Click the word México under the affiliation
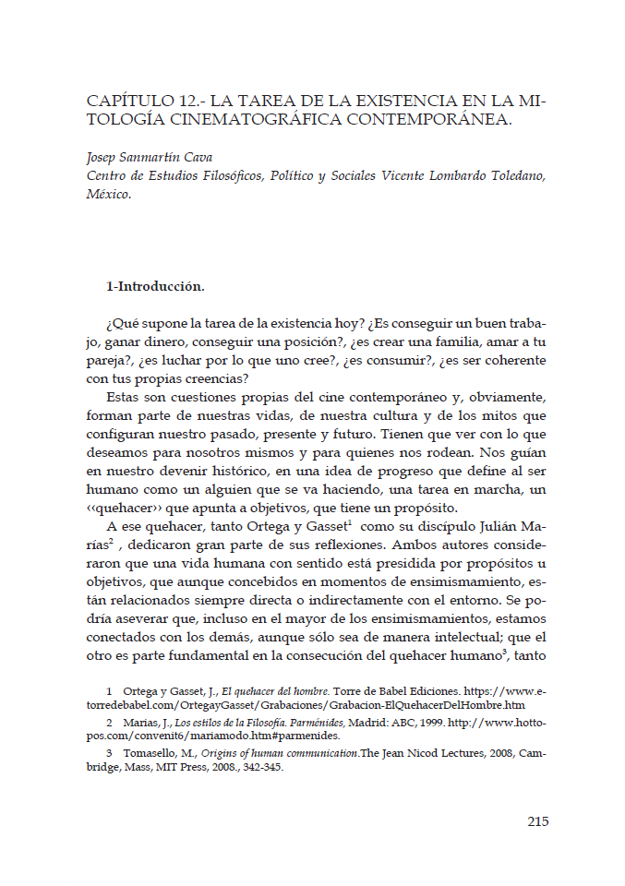click(x=108, y=195)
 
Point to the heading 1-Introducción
click(x=155, y=286)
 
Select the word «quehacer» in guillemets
click(x=123, y=510)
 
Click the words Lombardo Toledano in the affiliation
click(x=497, y=175)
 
